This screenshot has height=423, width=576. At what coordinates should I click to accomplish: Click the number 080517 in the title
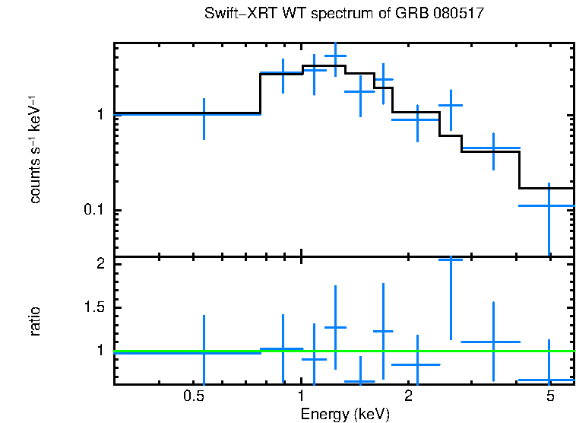point(457,14)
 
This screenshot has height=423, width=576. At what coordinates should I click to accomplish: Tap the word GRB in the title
point(409,14)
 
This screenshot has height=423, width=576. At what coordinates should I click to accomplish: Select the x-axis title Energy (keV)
point(345,414)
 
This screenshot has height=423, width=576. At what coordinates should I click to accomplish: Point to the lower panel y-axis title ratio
point(35,321)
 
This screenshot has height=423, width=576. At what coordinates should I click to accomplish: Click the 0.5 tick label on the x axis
point(195,396)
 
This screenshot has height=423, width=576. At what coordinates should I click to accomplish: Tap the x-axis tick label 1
point(302,396)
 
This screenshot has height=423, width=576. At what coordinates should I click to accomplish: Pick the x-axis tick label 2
point(408,396)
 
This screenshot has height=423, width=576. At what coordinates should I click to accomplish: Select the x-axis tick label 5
point(549,396)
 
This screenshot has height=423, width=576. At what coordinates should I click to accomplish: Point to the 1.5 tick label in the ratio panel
point(93,307)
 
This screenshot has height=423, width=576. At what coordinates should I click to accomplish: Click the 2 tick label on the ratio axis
point(100,264)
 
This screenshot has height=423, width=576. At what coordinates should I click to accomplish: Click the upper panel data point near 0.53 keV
point(204,113)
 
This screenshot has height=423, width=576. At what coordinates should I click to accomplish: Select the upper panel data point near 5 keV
point(549,205)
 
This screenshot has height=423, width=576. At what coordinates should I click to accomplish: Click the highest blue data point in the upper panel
point(335,56)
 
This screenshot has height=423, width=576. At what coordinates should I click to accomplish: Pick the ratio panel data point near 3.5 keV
point(493,342)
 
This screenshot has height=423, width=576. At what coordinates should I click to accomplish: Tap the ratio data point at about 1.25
point(335,327)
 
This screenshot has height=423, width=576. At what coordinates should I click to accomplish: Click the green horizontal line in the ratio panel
point(228,351)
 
